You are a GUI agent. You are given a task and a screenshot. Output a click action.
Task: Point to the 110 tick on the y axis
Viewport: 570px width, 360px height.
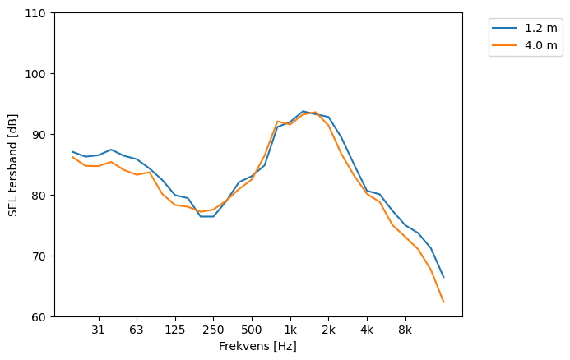[36, 14]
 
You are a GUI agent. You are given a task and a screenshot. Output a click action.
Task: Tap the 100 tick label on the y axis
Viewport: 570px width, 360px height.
[36, 74]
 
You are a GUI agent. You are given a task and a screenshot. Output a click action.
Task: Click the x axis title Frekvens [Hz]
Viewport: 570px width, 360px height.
[257, 347]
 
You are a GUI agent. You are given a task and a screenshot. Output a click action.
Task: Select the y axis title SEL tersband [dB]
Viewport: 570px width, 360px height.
[13, 165]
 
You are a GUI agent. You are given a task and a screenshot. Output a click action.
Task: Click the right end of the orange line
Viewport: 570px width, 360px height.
[443, 302]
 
